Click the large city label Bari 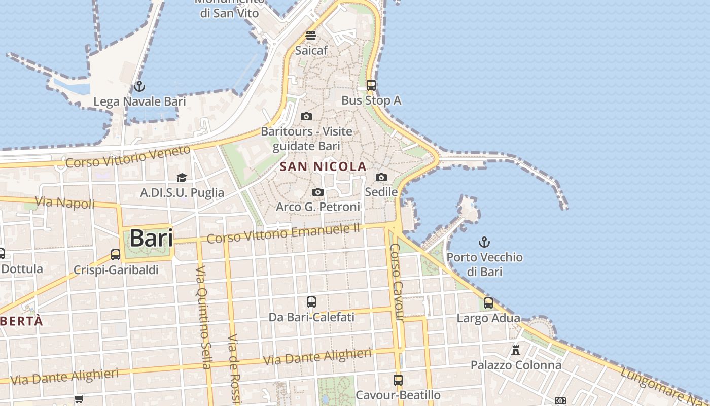tap(151, 238)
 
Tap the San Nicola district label tap(323, 166)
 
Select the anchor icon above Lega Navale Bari tap(139, 86)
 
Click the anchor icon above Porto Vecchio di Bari tap(484, 242)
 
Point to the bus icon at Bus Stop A tap(371, 85)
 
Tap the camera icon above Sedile tap(381, 177)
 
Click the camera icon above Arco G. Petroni tap(318, 192)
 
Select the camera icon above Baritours tap(306, 116)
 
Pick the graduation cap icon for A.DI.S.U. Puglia tap(182, 177)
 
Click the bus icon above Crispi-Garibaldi tap(116, 254)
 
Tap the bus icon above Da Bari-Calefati tap(311, 302)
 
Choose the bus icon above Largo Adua tap(488, 303)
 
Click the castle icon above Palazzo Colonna tap(516, 350)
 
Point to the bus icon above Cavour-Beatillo tap(398, 380)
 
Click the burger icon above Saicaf tap(311, 36)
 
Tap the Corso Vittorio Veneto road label tap(128, 157)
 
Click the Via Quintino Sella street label tap(203, 317)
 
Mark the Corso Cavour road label tap(397, 282)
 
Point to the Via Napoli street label tap(65, 203)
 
